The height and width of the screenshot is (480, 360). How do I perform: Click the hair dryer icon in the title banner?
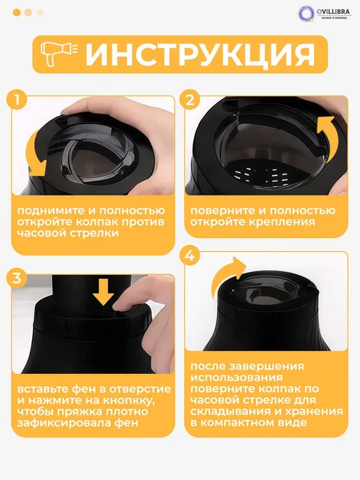click(x=59, y=54)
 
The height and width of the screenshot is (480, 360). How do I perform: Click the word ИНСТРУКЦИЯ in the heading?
click(x=200, y=55)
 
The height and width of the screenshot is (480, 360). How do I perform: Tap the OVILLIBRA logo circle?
click(x=306, y=13)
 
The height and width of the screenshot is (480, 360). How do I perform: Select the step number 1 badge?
click(x=17, y=100)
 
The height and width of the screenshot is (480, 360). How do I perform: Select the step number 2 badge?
click(x=190, y=100)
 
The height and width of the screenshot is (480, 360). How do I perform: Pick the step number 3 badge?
click(x=17, y=278)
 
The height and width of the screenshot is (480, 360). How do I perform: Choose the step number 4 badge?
click(x=190, y=255)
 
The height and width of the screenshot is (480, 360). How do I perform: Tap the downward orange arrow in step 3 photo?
click(x=103, y=292)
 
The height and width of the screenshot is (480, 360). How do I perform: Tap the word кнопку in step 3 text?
click(x=128, y=400)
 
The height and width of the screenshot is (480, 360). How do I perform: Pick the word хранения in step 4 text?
click(x=314, y=412)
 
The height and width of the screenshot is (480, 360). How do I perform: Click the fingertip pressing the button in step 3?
click(x=120, y=305)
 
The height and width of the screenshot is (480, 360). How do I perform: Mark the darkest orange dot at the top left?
click(x=17, y=13)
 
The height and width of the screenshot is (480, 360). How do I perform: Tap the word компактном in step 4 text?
click(x=240, y=423)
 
